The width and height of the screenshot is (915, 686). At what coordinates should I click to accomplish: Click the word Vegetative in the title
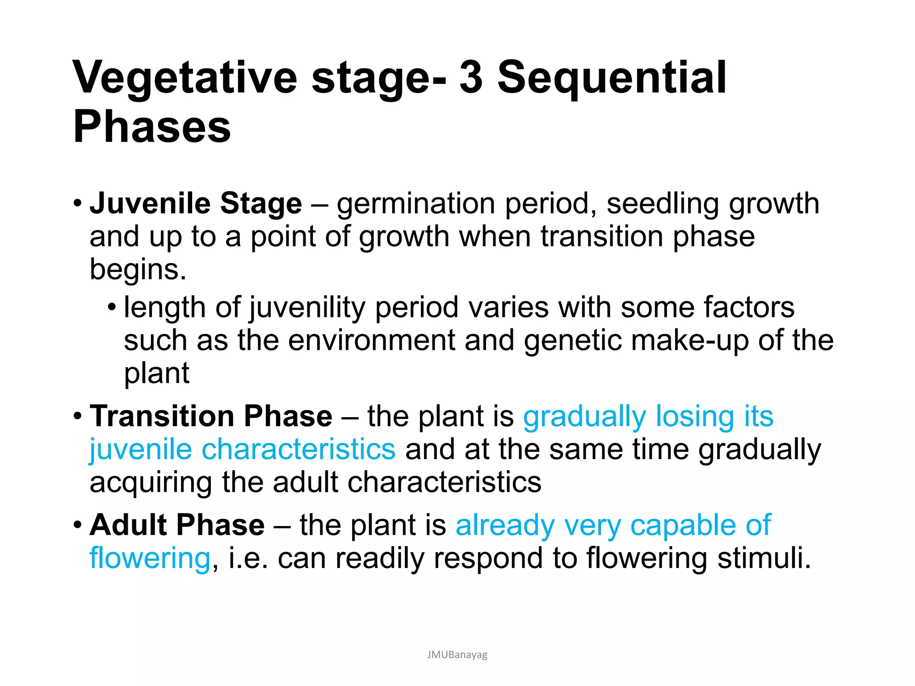[x=185, y=78]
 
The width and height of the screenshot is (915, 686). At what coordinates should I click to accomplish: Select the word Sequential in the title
[x=612, y=78]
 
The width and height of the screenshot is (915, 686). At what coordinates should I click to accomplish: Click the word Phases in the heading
[x=152, y=127]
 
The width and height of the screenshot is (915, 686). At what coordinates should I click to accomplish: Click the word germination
[x=416, y=204]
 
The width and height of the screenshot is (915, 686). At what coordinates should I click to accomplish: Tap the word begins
[x=138, y=270]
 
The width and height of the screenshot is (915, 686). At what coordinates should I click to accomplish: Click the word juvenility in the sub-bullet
[x=307, y=308]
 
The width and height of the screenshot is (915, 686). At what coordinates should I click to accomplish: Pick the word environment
[x=371, y=340]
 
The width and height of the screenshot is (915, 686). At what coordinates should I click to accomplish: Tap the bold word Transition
[x=162, y=416]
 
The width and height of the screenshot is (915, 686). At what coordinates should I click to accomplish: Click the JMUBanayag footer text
[x=457, y=655]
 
